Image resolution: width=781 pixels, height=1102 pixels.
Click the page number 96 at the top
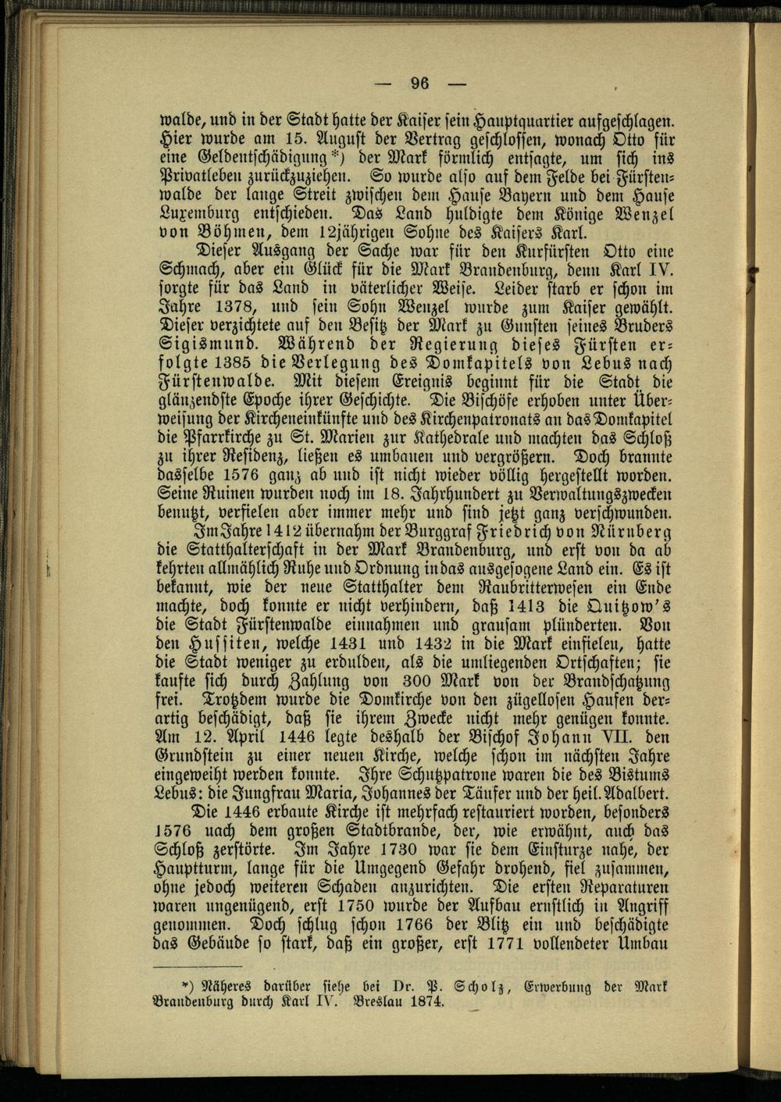pyautogui.click(x=421, y=84)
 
